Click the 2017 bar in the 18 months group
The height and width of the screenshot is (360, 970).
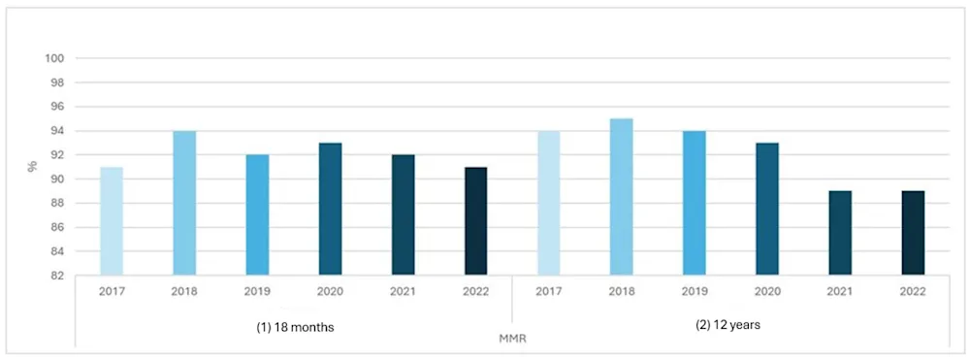[x=112, y=221]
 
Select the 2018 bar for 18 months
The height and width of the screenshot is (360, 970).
[x=184, y=204]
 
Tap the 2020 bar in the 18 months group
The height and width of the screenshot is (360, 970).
[x=330, y=210]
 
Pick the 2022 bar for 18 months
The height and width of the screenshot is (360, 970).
[x=475, y=221]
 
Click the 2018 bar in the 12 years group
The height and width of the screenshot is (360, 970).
[x=622, y=197]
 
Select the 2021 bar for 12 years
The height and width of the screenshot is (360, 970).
[x=840, y=233]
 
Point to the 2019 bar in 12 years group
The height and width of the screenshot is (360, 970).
[x=695, y=204]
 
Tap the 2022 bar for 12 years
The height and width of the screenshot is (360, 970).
[x=913, y=233]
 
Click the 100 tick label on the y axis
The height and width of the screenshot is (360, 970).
[x=54, y=58]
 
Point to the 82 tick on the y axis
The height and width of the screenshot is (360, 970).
[x=56, y=276]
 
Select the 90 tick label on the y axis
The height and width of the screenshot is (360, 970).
[x=56, y=180]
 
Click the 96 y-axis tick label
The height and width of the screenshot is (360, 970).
[x=56, y=107]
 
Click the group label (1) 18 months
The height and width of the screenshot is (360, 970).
[x=293, y=326]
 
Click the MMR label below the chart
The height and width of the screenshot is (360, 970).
[x=511, y=339]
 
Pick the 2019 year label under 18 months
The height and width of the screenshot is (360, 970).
[x=257, y=290]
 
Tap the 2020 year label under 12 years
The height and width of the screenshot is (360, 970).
[x=767, y=290]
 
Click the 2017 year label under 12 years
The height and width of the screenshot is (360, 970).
[x=549, y=290]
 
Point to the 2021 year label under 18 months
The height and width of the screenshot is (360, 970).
[x=403, y=290]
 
